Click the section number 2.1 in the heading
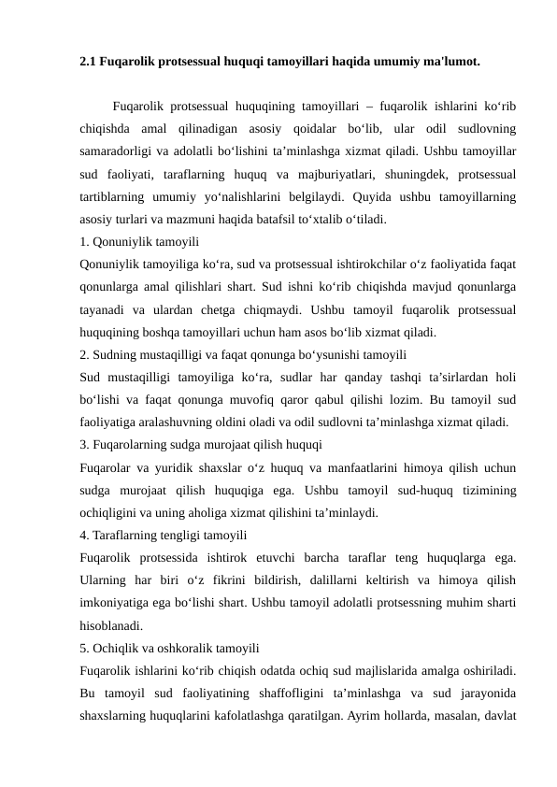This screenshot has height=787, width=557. [x=89, y=64]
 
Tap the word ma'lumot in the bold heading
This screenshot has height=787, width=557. [x=452, y=64]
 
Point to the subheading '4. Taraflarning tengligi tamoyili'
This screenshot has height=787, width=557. [x=164, y=536]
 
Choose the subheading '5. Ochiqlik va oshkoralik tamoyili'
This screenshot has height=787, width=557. [x=170, y=647]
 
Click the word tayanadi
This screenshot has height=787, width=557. [x=102, y=309]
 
